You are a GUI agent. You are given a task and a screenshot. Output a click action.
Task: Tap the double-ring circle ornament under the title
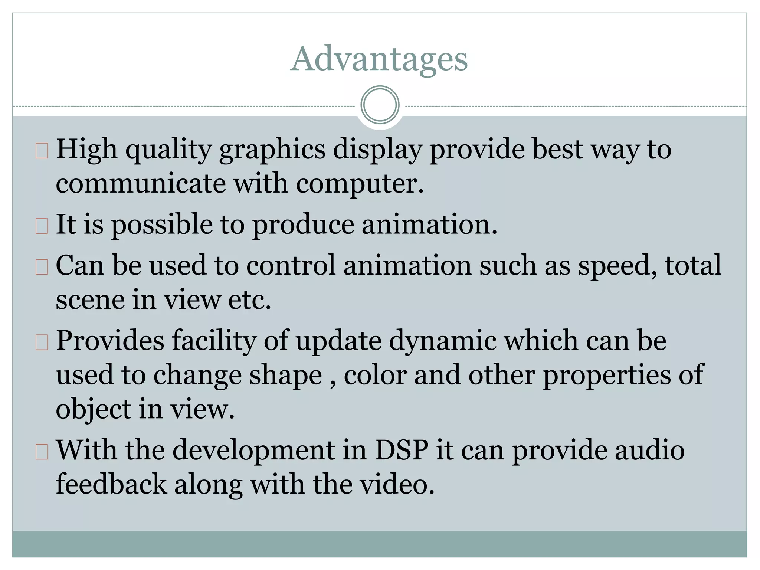click(x=380, y=105)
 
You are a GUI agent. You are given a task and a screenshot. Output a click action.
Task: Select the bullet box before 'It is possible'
click(x=42, y=226)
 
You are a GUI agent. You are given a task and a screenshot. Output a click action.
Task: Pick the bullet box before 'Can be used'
click(x=42, y=267)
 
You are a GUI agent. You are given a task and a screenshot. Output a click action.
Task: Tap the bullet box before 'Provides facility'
click(x=42, y=342)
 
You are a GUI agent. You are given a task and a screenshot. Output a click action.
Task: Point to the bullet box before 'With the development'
click(x=42, y=452)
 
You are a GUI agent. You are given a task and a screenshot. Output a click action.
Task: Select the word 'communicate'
click(x=141, y=184)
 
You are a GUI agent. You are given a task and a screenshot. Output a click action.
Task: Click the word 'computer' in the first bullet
click(x=359, y=184)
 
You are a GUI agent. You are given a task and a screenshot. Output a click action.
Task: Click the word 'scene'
click(x=90, y=300)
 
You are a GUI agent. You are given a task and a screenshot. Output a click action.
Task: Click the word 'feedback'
click(x=111, y=484)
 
